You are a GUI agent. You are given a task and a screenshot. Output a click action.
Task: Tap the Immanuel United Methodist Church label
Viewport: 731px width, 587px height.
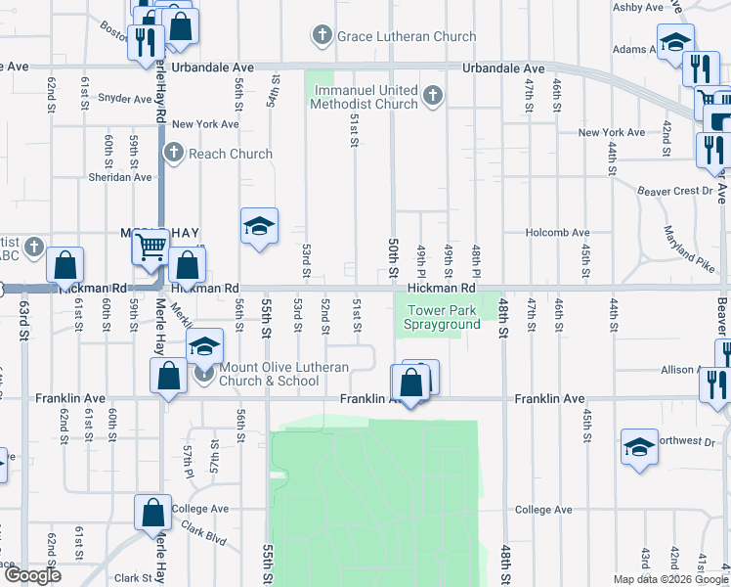tap(366, 97)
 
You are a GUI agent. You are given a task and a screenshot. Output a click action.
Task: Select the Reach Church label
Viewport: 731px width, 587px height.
tap(230, 154)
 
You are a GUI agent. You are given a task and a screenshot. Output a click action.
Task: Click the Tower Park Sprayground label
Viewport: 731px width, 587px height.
tap(443, 317)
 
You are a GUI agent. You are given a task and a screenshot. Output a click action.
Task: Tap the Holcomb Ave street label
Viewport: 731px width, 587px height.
tap(558, 233)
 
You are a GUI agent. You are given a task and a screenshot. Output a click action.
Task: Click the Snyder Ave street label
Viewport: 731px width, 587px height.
tap(124, 99)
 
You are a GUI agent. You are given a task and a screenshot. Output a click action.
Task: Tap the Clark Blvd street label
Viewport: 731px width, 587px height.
tap(198, 538)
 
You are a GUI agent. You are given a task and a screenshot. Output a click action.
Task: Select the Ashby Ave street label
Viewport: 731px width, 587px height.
tap(638, 7)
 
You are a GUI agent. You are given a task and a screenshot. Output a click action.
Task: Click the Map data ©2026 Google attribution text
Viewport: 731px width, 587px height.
tap(669, 579)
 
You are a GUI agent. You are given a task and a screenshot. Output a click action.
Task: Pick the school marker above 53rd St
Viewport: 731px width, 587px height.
tap(259, 226)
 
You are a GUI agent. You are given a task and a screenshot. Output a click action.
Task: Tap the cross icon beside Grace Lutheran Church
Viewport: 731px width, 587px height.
tap(322, 37)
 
